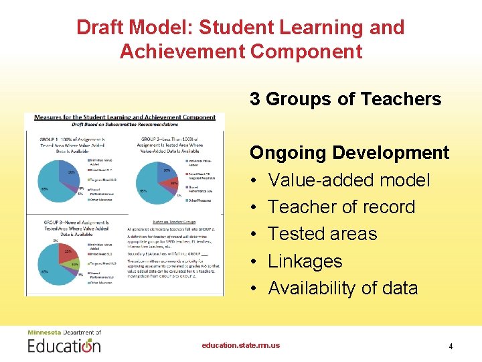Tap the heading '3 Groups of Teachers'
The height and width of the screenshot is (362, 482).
pos(345,99)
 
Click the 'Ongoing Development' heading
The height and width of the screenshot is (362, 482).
pos(349,153)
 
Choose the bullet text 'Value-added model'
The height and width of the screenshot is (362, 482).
pos(349,180)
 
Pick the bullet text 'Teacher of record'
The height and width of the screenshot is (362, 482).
pos(341,207)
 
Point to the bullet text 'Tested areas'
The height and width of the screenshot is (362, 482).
pos(323,234)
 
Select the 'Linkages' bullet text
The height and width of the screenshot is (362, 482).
pos(305,261)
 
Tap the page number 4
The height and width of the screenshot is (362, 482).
pos(451,347)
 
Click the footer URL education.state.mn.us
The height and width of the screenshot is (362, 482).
pos(241,346)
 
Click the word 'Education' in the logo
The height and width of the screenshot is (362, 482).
pos(64,346)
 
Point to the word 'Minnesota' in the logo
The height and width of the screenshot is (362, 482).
pos(44,333)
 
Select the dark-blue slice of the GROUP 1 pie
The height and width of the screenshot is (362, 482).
pos(69,172)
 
